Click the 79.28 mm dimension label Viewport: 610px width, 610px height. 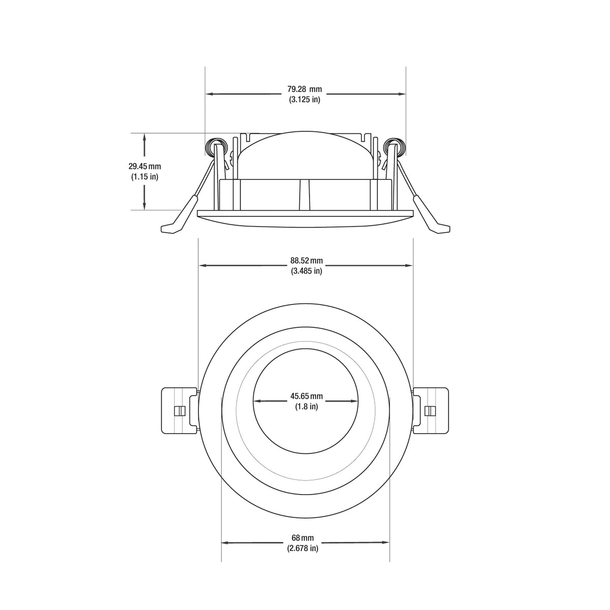tap(305, 89)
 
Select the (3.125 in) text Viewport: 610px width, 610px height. tap(305, 99)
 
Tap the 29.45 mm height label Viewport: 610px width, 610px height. tap(144, 166)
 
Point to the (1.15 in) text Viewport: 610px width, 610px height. tap(144, 176)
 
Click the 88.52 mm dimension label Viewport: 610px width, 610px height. tap(307, 261)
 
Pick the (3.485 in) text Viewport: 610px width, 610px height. tap(307, 271)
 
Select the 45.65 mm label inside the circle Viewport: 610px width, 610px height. tap(307, 396)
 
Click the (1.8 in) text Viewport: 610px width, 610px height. tap(307, 406)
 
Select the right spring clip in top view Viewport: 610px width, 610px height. tap(431, 411)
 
